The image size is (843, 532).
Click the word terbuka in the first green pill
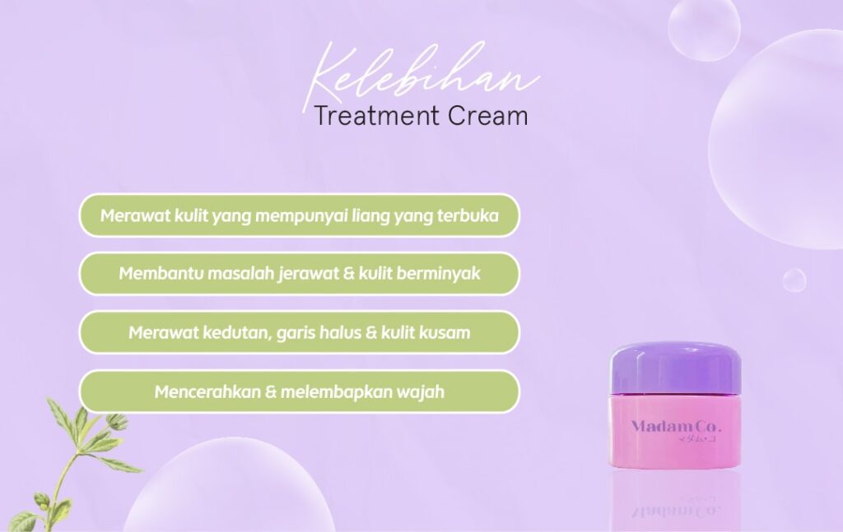(x=468, y=215)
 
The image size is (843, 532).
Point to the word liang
(x=370, y=215)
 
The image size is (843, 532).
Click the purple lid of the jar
(x=675, y=369)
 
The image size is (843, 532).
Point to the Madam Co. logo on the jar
(x=676, y=428)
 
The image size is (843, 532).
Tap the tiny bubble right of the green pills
(x=794, y=280)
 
